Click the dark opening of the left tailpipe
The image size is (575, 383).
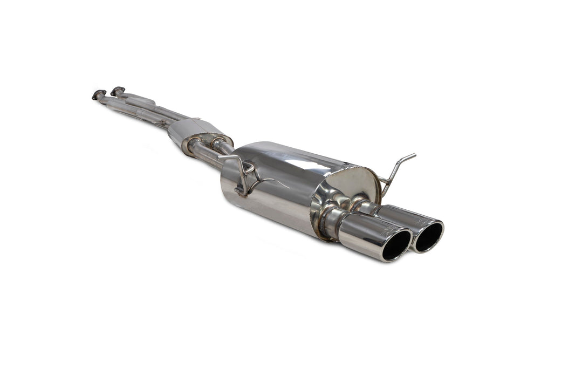point(396,245)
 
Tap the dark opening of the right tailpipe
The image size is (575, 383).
point(429,236)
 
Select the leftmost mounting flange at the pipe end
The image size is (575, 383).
point(99,95)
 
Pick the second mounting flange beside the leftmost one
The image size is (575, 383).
point(118,91)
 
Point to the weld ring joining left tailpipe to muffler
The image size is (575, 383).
point(327,221)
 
